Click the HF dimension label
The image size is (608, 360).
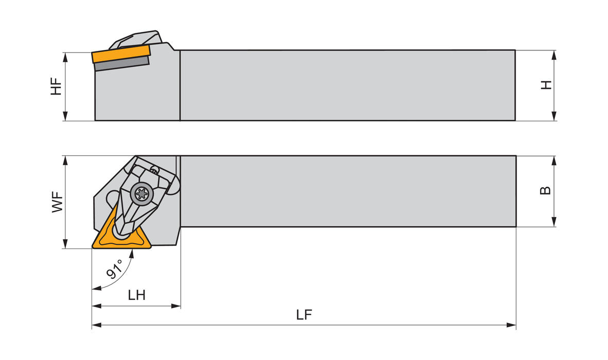point(56,86)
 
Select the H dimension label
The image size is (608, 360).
point(546,85)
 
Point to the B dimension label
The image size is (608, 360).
point(546,190)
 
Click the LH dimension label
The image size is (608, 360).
point(136,295)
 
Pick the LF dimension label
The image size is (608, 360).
point(305,315)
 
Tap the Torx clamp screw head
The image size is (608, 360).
point(140,193)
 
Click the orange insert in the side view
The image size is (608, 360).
point(121,53)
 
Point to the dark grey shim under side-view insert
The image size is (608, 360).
point(121,64)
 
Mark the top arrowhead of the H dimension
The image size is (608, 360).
point(554,53)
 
